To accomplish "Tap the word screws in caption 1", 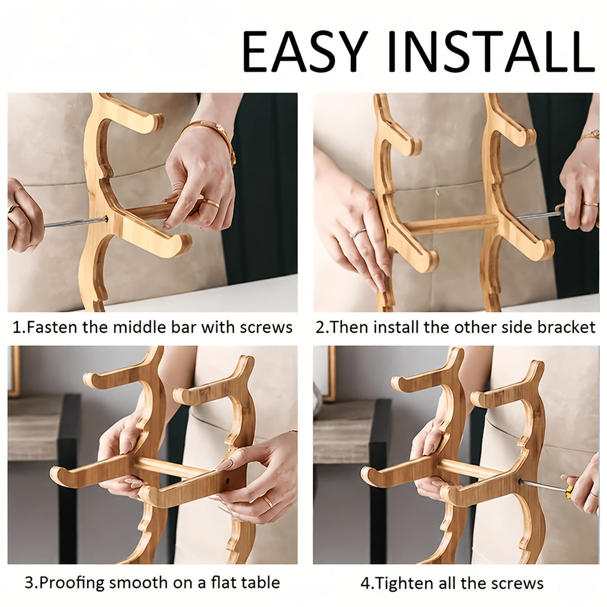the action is pyautogui.click(x=266, y=327).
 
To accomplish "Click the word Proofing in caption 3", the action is pyautogui.click(x=72, y=583).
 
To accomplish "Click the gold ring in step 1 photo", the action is pyautogui.click(x=212, y=203).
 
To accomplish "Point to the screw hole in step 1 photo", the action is pyautogui.click(x=106, y=219).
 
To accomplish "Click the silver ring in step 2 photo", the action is pyautogui.click(x=357, y=233).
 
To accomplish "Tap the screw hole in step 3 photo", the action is pyautogui.click(x=228, y=481).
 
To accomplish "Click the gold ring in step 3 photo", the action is pyautogui.click(x=268, y=501).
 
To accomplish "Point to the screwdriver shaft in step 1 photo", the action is pyautogui.click(x=74, y=223).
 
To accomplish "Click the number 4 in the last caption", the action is pyautogui.click(x=365, y=583).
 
